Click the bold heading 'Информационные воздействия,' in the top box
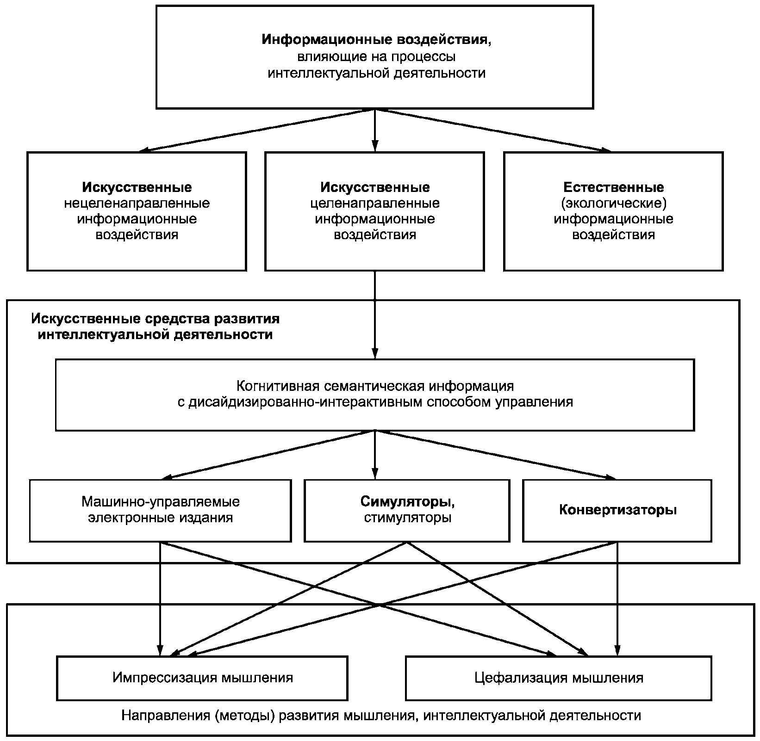coord(377,40)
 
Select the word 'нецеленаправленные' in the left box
coord(137,203)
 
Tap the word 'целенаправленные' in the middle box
coord(375,203)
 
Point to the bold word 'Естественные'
coord(614,187)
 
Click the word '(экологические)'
coord(614,203)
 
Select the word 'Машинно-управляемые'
coord(161,501)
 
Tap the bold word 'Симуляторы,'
coord(407,501)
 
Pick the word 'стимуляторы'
coord(407,517)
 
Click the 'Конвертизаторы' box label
coord(618,510)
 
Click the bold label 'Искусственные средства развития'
coord(156,319)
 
